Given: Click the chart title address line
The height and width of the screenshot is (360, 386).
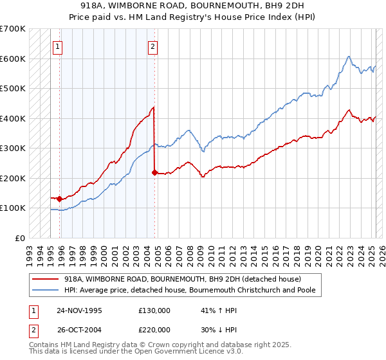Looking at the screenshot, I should [193, 5].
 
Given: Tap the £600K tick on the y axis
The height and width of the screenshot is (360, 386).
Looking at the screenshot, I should [13, 59].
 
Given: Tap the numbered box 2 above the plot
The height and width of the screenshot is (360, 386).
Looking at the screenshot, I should [153, 46].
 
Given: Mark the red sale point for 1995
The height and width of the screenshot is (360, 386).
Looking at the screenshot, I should [59, 199].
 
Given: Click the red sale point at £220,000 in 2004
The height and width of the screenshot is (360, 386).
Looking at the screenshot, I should [154, 172].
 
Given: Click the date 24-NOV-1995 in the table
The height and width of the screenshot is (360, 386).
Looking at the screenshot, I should [79, 310].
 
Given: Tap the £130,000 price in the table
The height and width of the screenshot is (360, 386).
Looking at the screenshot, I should [154, 310].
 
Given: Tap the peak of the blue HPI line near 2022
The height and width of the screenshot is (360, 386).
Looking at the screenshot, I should [348, 57].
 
